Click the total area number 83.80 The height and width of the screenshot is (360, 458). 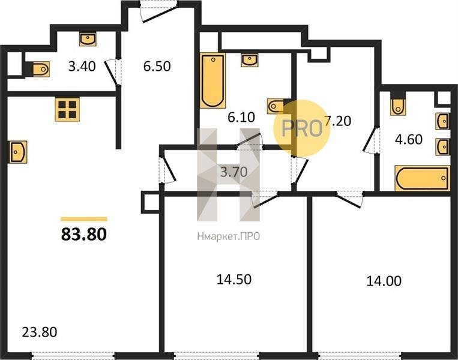click(x=84, y=234)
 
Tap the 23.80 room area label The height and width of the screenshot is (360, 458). click(x=40, y=332)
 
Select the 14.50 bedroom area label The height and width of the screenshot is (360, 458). click(x=234, y=280)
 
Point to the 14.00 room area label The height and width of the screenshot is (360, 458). click(x=384, y=281)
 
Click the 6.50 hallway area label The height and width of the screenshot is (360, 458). click(x=157, y=66)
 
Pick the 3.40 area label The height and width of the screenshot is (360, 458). click(x=82, y=66)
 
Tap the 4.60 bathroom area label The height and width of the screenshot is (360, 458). click(x=409, y=139)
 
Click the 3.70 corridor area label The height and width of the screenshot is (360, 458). click(x=234, y=172)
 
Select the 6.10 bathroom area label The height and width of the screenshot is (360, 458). click(x=241, y=118)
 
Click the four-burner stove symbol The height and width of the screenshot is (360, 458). click(x=67, y=109)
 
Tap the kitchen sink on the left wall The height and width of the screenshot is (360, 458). click(x=18, y=152)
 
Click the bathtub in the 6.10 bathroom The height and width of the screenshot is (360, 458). click(x=213, y=80)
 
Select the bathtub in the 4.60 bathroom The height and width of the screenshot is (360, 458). click(x=423, y=178)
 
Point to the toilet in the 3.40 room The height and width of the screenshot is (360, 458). click(x=40, y=69)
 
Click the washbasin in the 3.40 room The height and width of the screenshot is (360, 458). click(x=88, y=40)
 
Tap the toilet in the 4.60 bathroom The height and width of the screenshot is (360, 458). click(x=398, y=106)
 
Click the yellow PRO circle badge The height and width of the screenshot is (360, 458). click(x=302, y=128)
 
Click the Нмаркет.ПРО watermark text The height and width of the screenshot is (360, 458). click(x=229, y=236)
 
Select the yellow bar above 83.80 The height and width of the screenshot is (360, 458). click(x=84, y=219)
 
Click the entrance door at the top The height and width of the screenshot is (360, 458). click(x=158, y=11)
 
